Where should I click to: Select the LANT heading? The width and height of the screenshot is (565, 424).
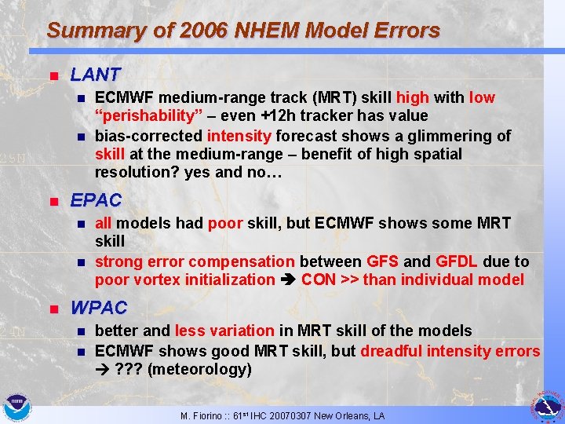[x=95, y=75]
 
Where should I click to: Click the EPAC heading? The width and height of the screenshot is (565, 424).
[x=96, y=200]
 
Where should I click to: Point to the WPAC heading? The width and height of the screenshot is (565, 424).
[x=98, y=308]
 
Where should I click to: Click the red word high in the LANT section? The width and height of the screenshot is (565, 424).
[x=412, y=98]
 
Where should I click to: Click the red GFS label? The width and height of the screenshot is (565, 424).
[x=383, y=261]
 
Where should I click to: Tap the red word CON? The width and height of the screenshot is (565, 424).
[x=318, y=280]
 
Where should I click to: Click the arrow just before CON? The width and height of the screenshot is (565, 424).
[x=287, y=280]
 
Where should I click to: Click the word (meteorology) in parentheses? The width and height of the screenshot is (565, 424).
[x=204, y=369]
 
